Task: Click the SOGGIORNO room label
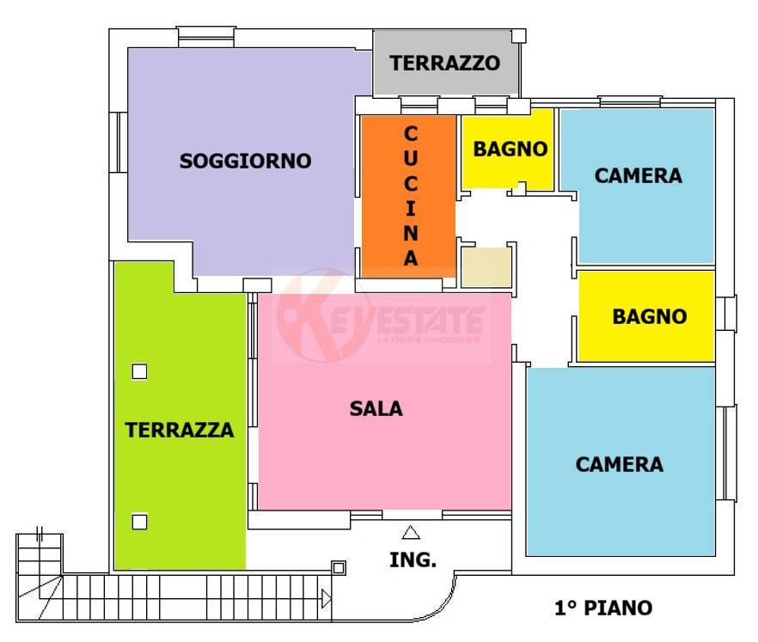tap(245, 161)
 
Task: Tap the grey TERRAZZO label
tap(444, 63)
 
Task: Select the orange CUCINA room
tap(409, 195)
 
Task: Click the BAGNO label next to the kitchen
tap(510, 149)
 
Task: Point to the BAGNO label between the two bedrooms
tap(649, 316)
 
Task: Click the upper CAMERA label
tap(638, 175)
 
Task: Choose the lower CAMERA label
tap(619, 464)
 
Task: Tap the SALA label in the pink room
tap(376, 409)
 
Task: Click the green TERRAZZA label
tap(180, 430)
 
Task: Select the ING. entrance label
tap(413, 559)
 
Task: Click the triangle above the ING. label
tap(412, 532)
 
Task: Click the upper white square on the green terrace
tap(139, 372)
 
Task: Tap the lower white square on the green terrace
tap(139, 521)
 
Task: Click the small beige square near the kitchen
tap(486, 267)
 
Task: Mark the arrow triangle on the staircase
tap(326, 598)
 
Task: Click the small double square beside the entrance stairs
tap(339, 567)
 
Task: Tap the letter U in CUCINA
tap(410, 159)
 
